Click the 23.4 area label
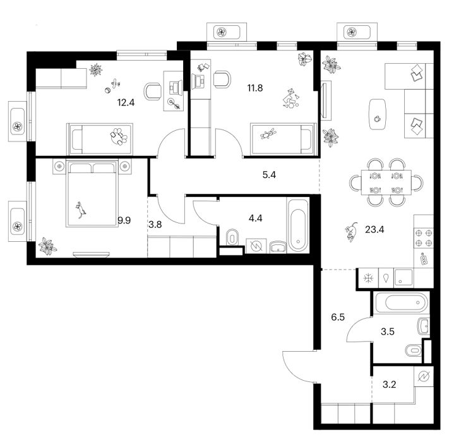pyautogui.click(x=374, y=230)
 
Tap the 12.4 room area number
pyautogui.click(x=126, y=102)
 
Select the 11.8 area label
pyautogui.click(x=255, y=88)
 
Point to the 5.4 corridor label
pyautogui.click(x=269, y=175)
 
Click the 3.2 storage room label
pyautogui.click(x=389, y=385)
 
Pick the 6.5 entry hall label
pyautogui.click(x=338, y=317)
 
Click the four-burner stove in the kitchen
pyautogui.click(x=424, y=237)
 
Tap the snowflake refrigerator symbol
pyautogui.click(x=368, y=278)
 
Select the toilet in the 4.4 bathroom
pyautogui.click(x=232, y=237)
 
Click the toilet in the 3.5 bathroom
pyautogui.click(x=414, y=350)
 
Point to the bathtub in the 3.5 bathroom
pyautogui.click(x=402, y=303)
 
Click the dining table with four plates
pyautogui.click(x=386, y=182)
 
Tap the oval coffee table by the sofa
pyautogui.click(x=377, y=114)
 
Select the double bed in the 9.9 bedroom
pyautogui.click(x=92, y=193)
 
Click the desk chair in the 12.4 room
pyautogui.click(x=153, y=92)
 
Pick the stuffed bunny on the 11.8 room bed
pyautogui.click(x=268, y=134)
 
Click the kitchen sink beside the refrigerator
pyautogui.click(x=403, y=278)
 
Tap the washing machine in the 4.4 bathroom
pyautogui.click(x=256, y=246)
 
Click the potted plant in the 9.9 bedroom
pyautogui.click(x=48, y=246)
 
